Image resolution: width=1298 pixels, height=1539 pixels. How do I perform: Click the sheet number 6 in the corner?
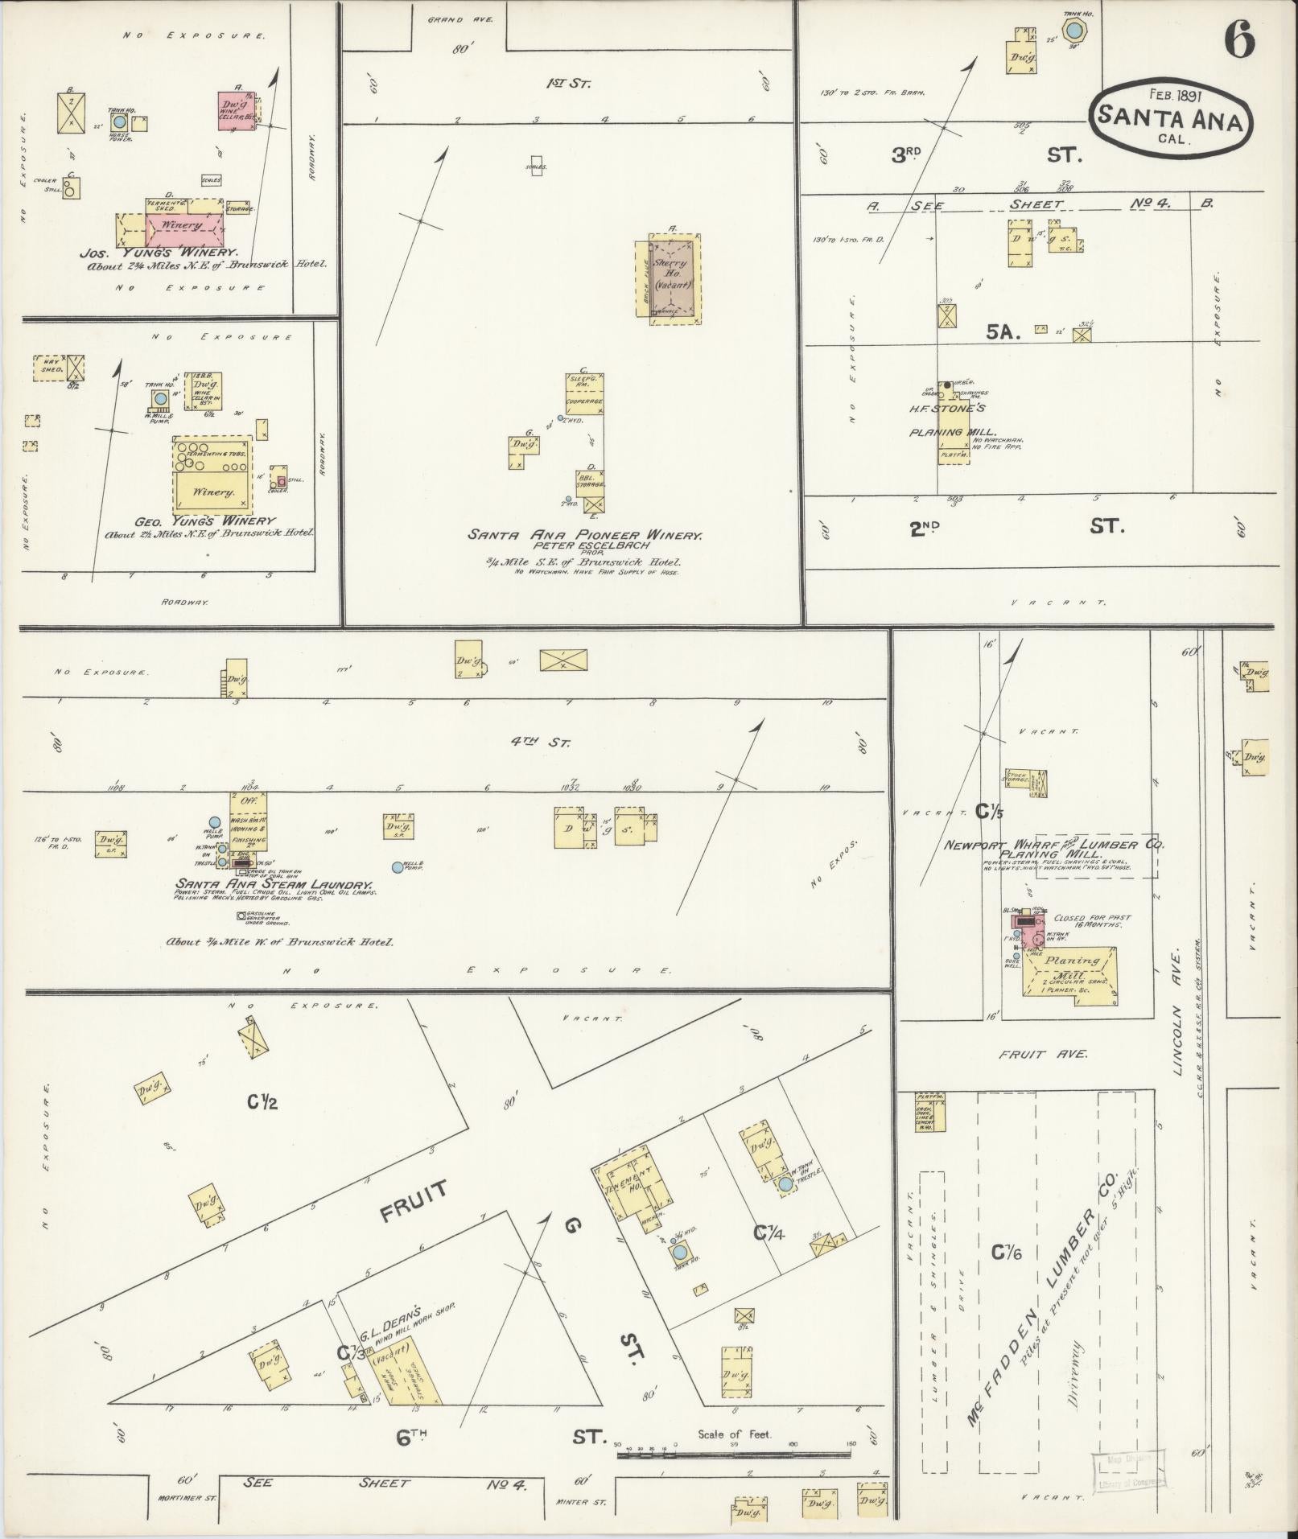tap(1239, 40)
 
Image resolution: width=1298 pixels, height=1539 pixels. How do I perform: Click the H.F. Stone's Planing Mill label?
tap(948, 420)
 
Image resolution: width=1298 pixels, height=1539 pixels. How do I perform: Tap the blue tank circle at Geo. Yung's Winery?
tap(160, 398)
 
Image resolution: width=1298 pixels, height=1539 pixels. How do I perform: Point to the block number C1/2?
tap(262, 1103)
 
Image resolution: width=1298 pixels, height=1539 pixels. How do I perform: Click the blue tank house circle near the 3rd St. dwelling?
tap(1072, 31)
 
